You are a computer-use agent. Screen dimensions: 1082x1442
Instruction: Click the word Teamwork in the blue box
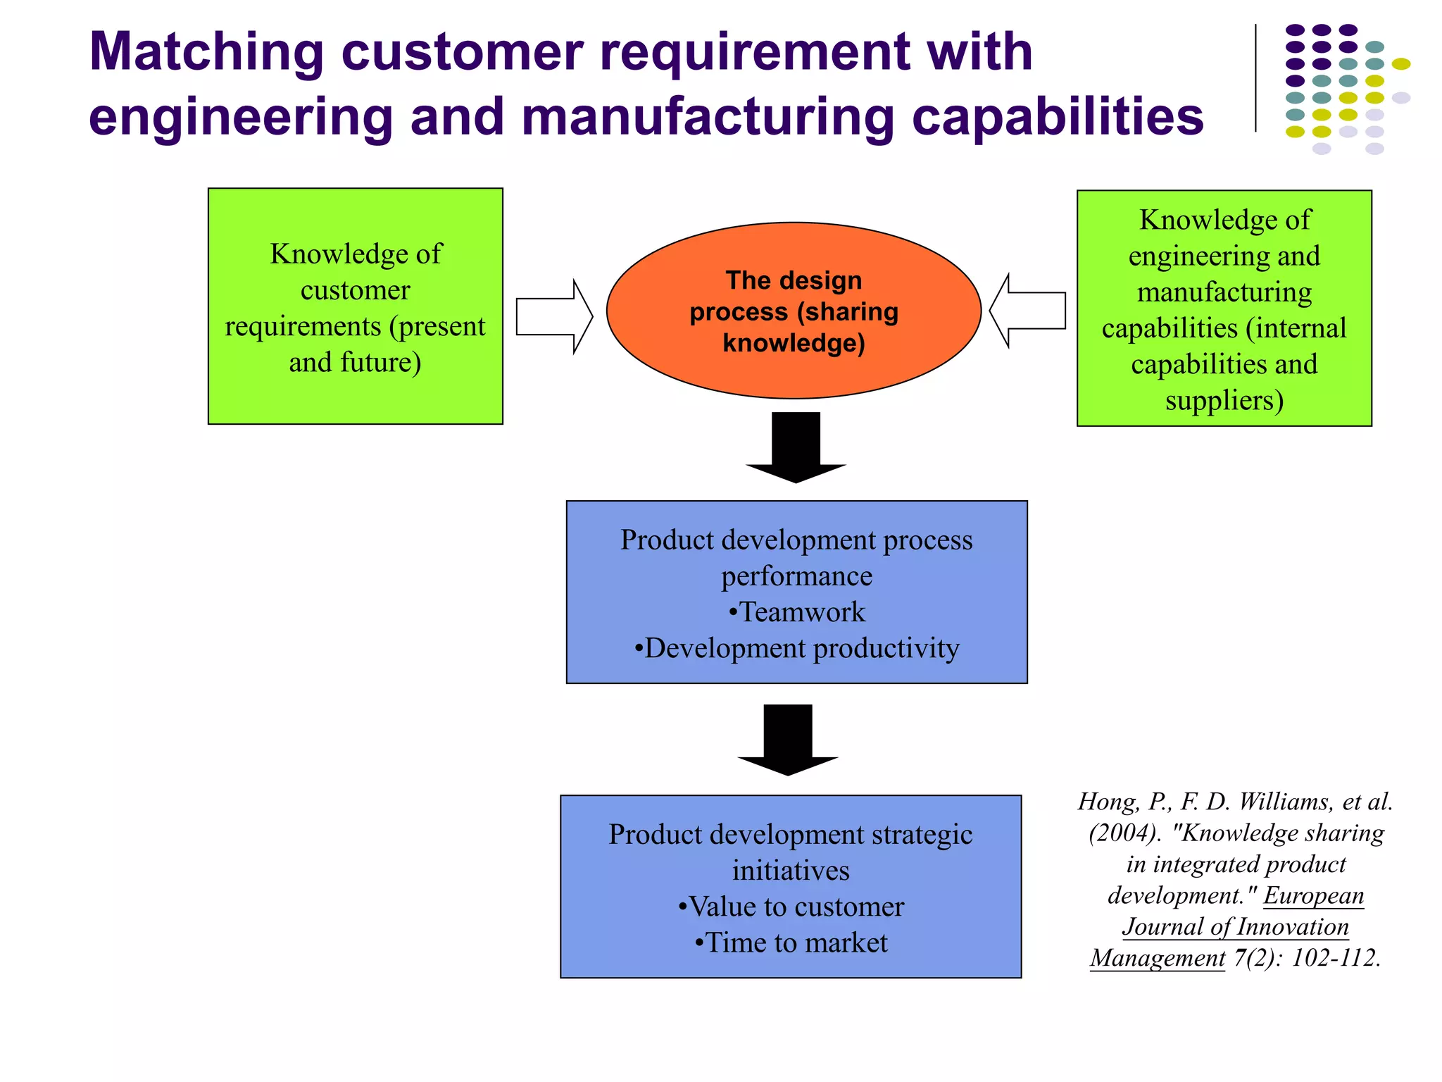point(802,612)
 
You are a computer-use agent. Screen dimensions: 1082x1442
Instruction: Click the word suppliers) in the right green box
point(1224,400)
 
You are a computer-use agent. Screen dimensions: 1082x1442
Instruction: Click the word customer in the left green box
point(355,290)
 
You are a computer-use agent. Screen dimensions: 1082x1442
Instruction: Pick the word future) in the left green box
point(381,362)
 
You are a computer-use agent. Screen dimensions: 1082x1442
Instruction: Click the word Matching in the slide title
point(206,52)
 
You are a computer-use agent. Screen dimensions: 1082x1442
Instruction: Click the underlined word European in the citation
point(1313,895)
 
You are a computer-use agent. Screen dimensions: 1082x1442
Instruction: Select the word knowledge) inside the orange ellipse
point(794,343)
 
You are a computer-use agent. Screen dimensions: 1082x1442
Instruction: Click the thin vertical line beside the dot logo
point(1255,78)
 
